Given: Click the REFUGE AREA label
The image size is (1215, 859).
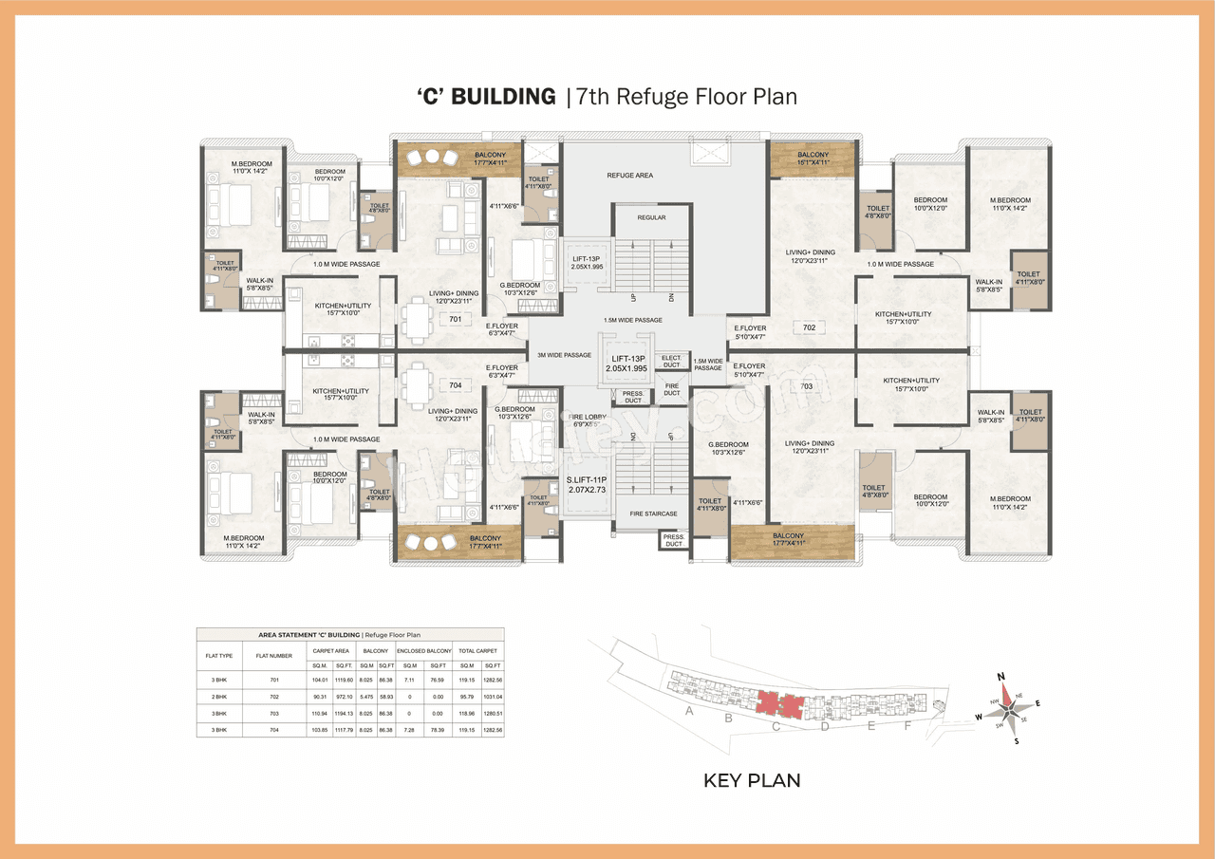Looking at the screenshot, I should pos(629,176).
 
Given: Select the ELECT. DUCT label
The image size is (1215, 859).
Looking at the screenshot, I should pos(671,361).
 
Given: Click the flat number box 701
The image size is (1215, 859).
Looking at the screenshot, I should pos(456,320).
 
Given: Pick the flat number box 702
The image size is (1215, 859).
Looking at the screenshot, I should pos(809,327).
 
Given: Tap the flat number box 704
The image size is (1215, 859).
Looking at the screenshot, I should pos(456,385).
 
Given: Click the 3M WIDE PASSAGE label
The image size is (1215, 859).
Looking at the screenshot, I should pos(564,355).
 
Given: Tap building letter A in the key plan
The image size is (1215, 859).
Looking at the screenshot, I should pos(689,711).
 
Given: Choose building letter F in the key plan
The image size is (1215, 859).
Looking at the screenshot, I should pos(907,726).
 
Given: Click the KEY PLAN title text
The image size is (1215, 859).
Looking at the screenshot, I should pos(752,781).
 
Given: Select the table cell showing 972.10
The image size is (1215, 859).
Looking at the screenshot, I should pos(343,696).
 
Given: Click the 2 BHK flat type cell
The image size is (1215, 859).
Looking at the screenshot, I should pos(218,696).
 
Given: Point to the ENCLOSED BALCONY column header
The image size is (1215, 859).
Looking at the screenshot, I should pos(423,650).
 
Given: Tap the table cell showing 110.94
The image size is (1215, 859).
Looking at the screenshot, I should pos(320,713).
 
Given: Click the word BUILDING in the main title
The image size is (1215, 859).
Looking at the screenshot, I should pos(504,96).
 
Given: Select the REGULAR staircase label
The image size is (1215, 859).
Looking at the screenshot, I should pos(651,217).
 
